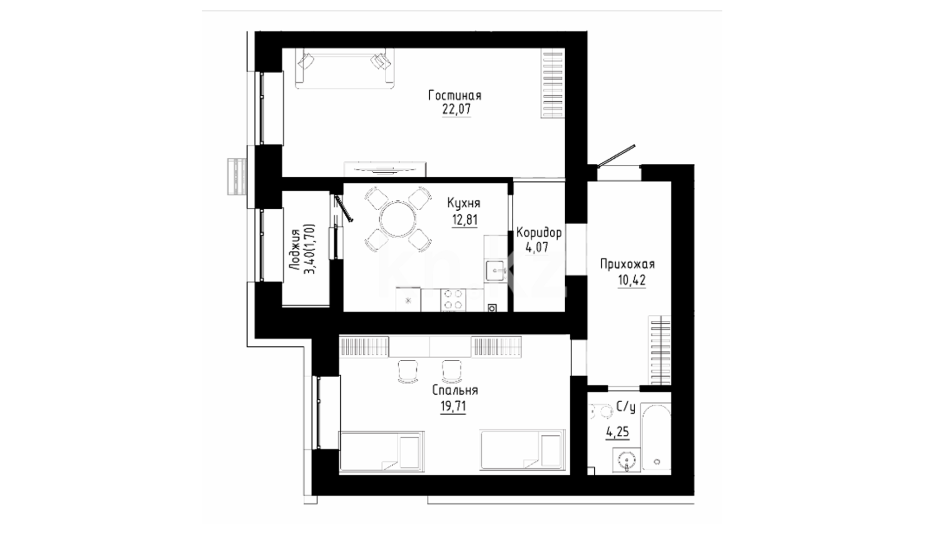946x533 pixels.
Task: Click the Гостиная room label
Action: pos(454,95)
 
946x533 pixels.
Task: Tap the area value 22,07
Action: pos(456,110)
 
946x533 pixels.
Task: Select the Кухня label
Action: pos(463,203)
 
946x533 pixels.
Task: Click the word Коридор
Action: pos(538,232)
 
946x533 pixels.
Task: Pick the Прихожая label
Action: pos(627,265)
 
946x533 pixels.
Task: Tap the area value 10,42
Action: pos(631,280)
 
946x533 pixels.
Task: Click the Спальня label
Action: pos(455,390)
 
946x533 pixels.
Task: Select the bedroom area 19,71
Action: pos(453,406)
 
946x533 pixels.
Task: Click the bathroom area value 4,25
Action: pos(617,432)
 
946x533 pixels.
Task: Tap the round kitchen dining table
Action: pos(398,220)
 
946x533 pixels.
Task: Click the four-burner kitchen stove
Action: pos(453,300)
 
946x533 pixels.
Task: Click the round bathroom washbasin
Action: pos(626,461)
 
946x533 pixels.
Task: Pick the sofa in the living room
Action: pos(344,68)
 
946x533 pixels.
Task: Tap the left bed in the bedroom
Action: pos(381,452)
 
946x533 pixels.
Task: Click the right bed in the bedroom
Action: pos(522,452)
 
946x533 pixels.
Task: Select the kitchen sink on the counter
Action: pos(495,270)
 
